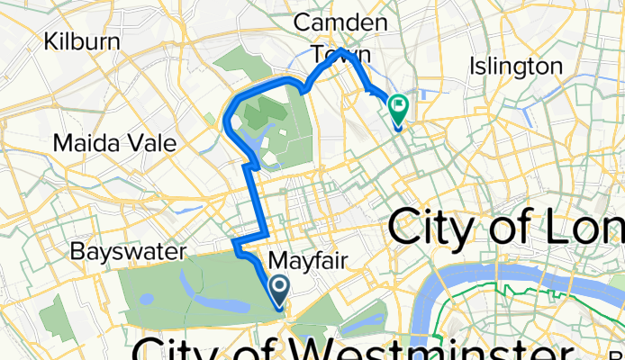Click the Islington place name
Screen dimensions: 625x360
tap(516, 66)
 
